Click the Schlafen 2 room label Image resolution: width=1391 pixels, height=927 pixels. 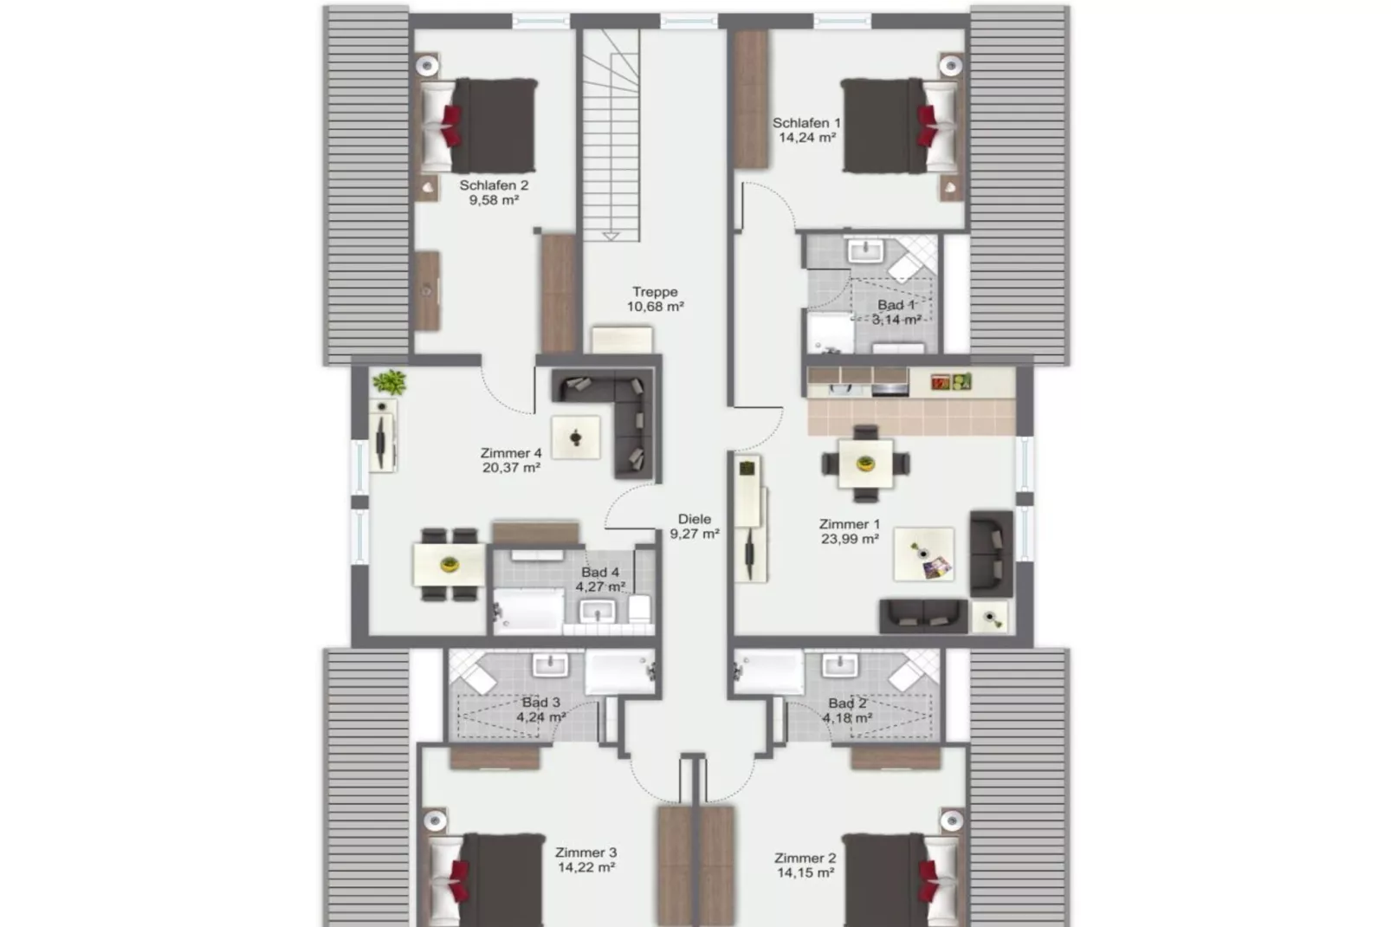[493, 185]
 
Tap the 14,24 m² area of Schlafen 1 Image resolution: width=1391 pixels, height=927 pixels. [806, 138]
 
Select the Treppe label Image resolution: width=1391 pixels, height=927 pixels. [655, 292]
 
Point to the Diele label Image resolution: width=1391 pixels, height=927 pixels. [694, 519]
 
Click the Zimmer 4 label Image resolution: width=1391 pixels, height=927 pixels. [511, 453]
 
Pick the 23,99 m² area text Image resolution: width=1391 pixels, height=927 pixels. [850, 539]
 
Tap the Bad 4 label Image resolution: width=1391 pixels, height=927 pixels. [600, 572]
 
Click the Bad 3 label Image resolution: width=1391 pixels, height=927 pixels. [540, 703]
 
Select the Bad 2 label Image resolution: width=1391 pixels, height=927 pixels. [847, 703]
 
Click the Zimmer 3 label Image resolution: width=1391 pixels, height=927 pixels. [586, 852]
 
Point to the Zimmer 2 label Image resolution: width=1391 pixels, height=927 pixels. [805, 859]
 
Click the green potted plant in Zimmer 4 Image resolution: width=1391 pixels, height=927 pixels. [390, 381]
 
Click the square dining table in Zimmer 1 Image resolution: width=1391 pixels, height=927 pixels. [865, 464]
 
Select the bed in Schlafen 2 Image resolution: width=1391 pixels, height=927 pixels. [481, 126]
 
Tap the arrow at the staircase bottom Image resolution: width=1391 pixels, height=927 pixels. [611, 235]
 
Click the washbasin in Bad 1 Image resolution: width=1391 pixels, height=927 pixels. [864, 251]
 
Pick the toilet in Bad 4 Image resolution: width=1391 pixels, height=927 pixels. [640, 608]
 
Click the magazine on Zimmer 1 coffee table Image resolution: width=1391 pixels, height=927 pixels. [937, 568]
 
